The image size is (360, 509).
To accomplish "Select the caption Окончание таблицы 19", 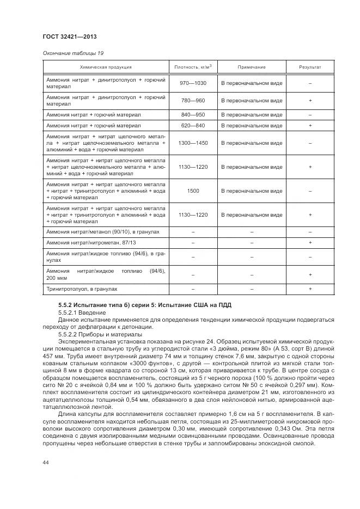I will (73, 53).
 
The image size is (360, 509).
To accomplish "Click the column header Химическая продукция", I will (106, 67).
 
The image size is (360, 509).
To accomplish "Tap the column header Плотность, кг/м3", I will (193, 67).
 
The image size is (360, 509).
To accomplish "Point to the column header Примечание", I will (251, 67).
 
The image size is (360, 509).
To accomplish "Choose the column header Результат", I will (310, 67).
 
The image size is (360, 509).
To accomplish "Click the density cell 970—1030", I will (193, 83).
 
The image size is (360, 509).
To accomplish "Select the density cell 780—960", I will (193, 101).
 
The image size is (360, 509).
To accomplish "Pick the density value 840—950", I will (193, 115).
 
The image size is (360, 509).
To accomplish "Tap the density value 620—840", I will (193, 126).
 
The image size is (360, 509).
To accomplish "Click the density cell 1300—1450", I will (193, 143).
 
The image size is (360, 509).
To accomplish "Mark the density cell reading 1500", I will (193, 191).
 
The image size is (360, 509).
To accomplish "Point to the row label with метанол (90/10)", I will (103, 232).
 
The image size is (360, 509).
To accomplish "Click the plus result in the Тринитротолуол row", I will (310, 289).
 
